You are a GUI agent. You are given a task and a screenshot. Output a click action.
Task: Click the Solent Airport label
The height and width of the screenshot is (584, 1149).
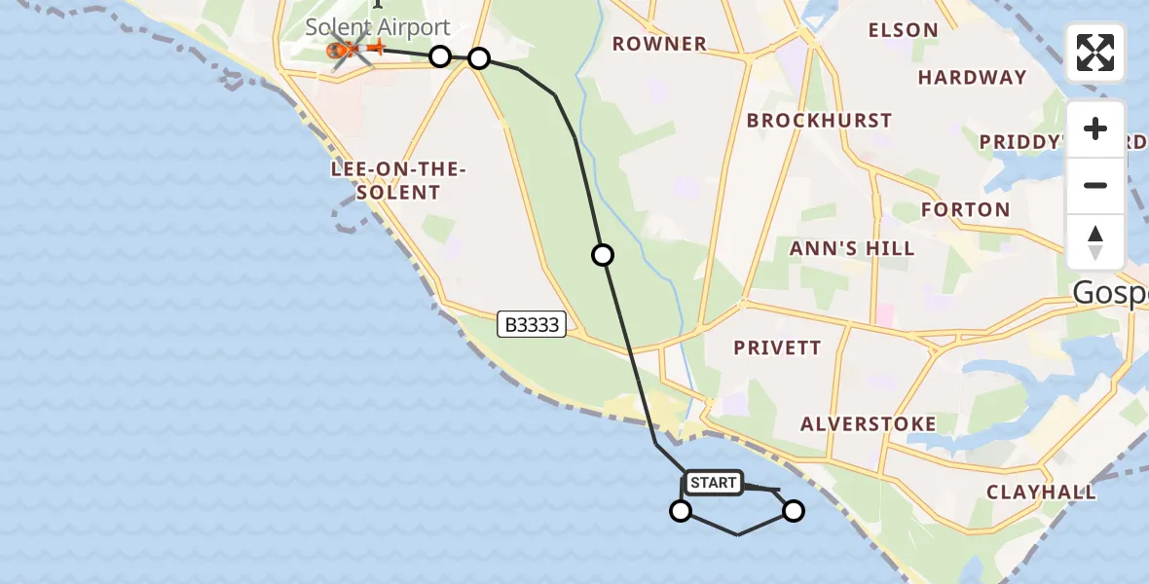(378, 27)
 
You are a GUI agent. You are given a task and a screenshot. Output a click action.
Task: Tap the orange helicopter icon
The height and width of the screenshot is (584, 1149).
(344, 50)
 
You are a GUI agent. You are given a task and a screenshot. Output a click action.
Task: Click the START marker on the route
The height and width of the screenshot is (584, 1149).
(713, 483)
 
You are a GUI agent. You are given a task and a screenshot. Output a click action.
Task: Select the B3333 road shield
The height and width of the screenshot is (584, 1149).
(531, 325)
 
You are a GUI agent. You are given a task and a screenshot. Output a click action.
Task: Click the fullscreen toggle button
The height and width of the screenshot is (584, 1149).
(1095, 53)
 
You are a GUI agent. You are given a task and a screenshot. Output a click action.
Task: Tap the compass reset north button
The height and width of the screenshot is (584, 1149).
(1095, 242)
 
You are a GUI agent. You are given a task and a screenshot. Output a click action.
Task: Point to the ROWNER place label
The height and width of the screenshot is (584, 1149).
(659, 44)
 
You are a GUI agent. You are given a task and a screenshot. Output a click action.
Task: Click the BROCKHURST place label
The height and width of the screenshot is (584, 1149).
(819, 121)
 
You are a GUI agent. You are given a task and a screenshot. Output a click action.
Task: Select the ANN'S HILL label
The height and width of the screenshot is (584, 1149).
(852, 248)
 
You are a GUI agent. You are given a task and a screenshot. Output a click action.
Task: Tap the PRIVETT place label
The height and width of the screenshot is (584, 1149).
(777, 347)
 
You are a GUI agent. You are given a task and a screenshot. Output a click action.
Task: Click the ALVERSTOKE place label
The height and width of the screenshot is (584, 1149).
(868, 423)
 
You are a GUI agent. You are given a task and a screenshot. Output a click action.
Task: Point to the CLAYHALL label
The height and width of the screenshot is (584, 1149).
(1041, 492)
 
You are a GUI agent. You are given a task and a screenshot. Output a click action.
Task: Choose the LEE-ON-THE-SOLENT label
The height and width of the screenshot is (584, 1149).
(399, 181)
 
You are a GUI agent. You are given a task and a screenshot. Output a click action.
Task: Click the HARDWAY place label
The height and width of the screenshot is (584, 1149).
(972, 77)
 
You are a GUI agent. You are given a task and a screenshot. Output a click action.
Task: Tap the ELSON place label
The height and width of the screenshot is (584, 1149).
(903, 30)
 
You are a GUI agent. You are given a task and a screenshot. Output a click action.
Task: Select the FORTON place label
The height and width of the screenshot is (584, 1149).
(965, 209)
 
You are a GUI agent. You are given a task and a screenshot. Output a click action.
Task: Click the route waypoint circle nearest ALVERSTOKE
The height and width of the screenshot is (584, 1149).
(794, 511)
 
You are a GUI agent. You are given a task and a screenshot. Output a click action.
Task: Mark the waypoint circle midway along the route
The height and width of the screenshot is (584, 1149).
(603, 255)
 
